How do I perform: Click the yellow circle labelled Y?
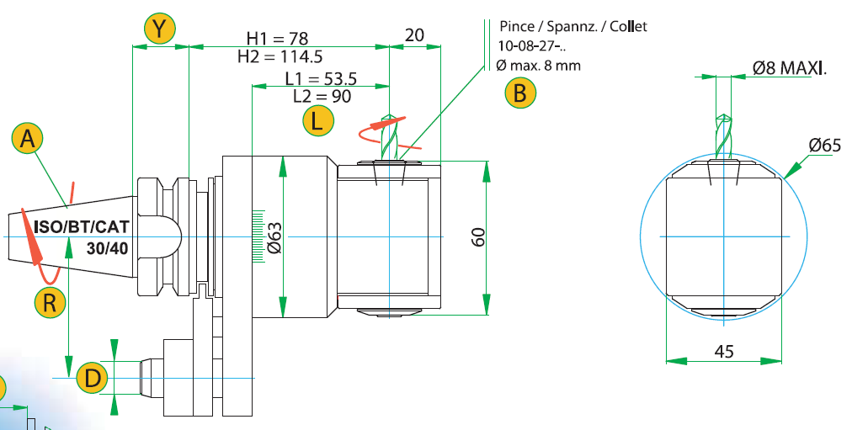(159, 29)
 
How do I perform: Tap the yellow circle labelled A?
(27, 139)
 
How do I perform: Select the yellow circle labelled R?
(50, 302)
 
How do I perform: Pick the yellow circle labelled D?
(93, 378)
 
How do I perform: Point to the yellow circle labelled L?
(318, 120)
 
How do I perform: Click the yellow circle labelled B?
(520, 93)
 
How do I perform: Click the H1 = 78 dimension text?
(277, 39)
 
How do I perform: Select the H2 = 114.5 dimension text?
(280, 56)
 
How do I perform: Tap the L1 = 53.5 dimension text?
(321, 79)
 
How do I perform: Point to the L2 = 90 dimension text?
(322, 96)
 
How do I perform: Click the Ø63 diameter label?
(274, 237)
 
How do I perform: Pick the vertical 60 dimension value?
(477, 236)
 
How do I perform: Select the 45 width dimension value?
(724, 351)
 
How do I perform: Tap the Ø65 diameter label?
(824, 145)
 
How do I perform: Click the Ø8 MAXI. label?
(790, 68)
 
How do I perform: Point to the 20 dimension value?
(414, 35)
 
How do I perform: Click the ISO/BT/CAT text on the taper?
(82, 226)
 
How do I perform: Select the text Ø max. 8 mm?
(539, 66)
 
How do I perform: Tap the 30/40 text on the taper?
(108, 248)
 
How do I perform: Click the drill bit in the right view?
(724, 136)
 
